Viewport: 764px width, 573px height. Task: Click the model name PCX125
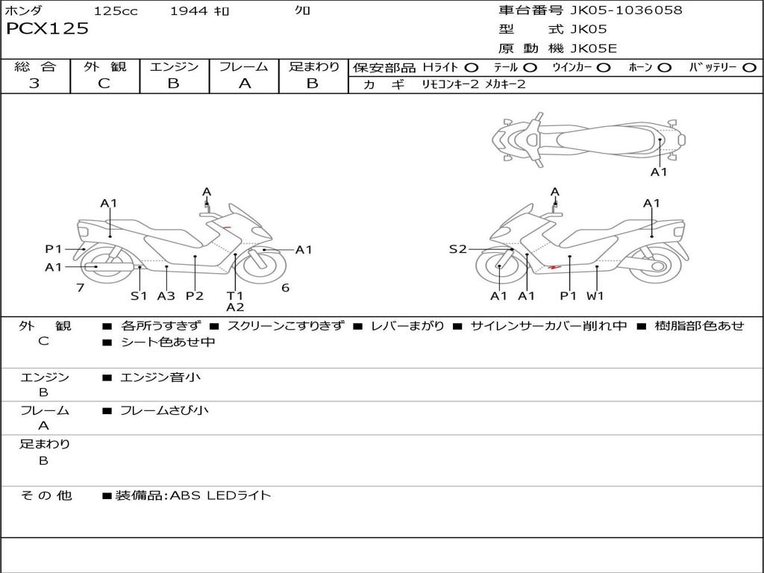pos(47,29)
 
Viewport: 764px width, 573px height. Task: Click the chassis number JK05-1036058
pos(626,10)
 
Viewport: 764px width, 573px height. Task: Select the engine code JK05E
pos(594,49)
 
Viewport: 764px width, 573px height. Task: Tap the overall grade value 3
pos(34,84)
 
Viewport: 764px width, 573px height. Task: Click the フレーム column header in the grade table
pos(244,67)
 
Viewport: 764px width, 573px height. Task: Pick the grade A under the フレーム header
pos(244,84)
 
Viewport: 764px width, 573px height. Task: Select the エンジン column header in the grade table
pos(174,67)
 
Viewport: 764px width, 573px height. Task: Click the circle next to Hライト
pos(472,68)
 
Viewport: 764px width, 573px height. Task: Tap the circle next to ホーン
pos(664,68)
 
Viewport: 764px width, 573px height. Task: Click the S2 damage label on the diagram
pos(457,249)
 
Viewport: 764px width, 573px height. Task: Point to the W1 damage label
pos(595,295)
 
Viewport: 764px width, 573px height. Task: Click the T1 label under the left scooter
pos(235,295)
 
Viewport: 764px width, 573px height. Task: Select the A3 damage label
pos(166,295)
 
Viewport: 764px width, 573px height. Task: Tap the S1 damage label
pos(139,295)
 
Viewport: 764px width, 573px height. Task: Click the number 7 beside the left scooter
pos(80,287)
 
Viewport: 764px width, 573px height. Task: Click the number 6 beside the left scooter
pos(285,287)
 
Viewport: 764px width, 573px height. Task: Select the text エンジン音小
pos(160,378)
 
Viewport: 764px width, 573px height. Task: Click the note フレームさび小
pos(164,410)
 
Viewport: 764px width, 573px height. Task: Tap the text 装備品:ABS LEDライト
pos(192,495)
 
